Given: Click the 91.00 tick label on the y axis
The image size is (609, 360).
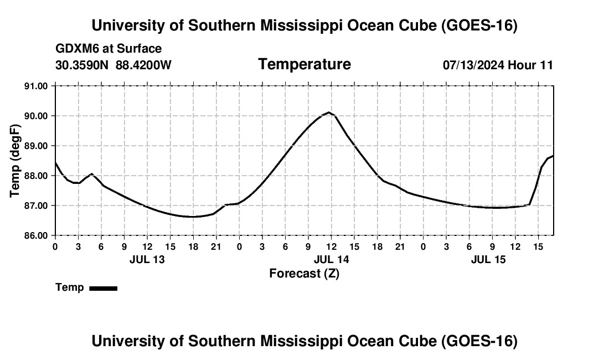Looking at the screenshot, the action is pos(36,86).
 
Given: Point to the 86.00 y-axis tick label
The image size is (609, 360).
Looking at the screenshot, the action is pos(36,236).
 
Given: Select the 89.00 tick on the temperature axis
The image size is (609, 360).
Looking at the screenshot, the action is pos(36,146).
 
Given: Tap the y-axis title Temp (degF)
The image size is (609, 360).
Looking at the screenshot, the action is pos(15,161).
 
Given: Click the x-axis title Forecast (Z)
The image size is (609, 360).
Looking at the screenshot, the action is pos(304,274).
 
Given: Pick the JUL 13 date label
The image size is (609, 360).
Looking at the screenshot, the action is pos(147,259).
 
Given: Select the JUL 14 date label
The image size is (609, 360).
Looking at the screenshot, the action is pos(331,259).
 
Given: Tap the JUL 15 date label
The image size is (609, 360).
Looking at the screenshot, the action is pos(488,259).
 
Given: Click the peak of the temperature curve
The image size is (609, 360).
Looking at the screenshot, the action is pos(328,112).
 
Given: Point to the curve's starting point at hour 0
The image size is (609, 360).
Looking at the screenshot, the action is pos(55,162).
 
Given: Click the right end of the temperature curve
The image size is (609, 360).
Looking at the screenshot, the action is pos(553,155).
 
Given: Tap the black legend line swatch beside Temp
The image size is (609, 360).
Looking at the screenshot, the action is pos(104,288).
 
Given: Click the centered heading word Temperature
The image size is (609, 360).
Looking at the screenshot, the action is pos(304,64).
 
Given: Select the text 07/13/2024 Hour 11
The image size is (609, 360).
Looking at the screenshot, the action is pos(498,65).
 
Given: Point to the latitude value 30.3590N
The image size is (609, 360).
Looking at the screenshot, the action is pos(82,65).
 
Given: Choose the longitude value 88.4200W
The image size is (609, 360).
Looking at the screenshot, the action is pos(143,65).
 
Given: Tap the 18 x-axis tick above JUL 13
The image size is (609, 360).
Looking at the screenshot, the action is pos(193,246).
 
